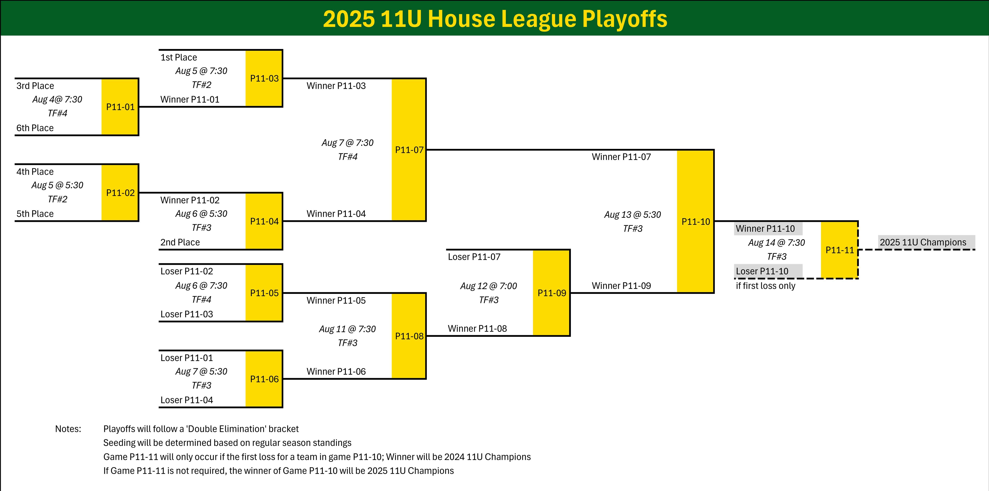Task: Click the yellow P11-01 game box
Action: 120,107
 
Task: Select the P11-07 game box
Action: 409,150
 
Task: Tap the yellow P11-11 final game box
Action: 839,250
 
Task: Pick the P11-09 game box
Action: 551,293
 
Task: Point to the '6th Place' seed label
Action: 35,128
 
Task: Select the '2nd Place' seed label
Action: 180,242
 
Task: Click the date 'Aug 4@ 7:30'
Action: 57,99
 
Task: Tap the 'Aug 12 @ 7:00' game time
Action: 488,286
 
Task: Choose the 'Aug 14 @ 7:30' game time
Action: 776,243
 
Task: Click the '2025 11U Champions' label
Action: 923,242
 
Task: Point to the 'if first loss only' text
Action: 765,286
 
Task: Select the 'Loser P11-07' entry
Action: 474,257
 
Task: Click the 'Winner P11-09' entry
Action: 621,286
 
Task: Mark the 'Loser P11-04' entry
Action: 187,400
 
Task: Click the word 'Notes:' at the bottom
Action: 68,429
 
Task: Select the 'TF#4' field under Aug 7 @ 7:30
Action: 348,157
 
